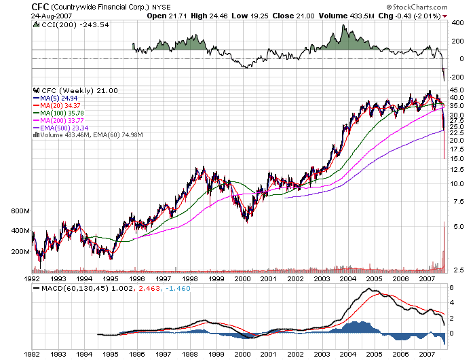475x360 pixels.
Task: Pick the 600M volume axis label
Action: [x=21, y=211]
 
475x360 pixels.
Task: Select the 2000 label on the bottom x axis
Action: [x=242, y=354]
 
